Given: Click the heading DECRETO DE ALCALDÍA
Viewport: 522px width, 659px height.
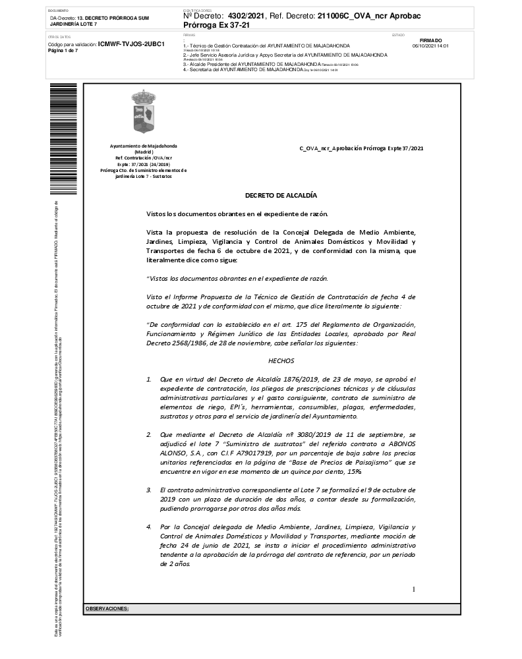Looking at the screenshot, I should tap(281, 195).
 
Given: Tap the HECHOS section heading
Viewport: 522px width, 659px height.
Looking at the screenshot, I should tap(281, 360).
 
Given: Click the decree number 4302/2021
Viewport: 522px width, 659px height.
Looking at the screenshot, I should tap(246, 15).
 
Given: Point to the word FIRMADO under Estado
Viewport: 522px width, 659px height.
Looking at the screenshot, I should tap(430, 40).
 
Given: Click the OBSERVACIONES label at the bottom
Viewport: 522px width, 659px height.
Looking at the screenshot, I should tap(107, 608).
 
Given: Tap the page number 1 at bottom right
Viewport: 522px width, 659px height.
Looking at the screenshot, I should tap(413, 589).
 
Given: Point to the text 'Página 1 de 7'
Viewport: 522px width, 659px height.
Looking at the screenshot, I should tap(63, 51).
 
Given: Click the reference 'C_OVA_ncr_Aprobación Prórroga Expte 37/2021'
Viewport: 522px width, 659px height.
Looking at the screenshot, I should tap(361, 148).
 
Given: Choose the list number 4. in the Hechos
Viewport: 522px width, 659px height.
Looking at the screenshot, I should tap(149, 527).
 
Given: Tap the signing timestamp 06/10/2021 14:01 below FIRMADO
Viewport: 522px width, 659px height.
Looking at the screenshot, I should tap(430, 46).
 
